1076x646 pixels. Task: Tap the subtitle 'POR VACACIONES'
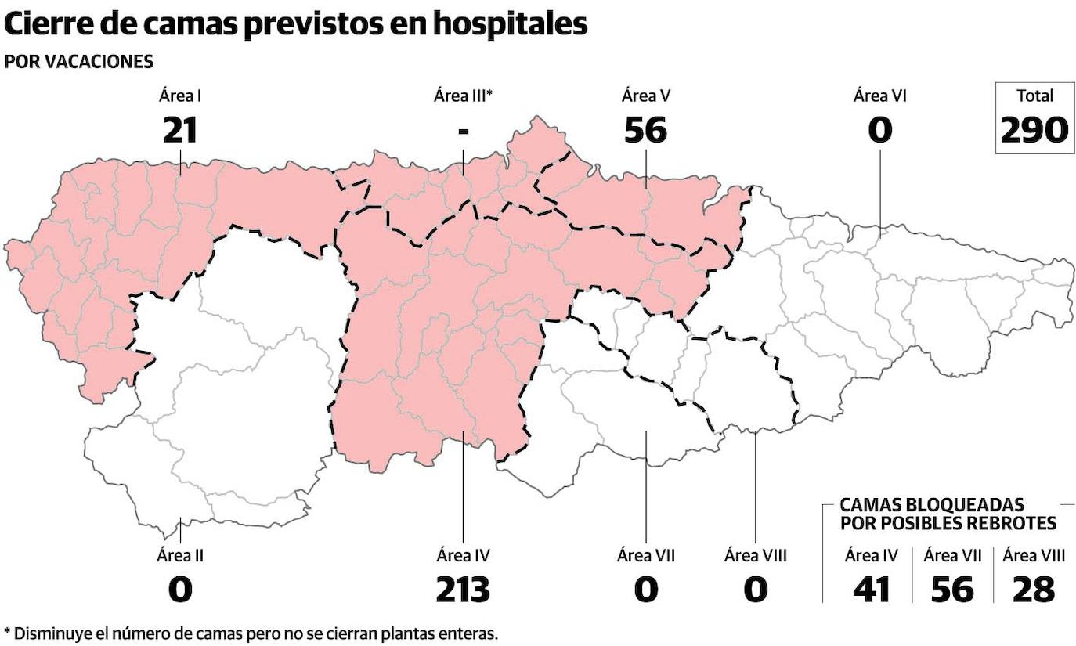coord(78,62)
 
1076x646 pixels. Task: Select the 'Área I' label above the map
coord(180,96)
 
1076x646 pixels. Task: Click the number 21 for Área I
coord(180,130)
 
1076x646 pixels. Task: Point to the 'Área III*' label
coord(463,96)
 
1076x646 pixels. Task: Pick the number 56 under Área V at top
coord(646,130)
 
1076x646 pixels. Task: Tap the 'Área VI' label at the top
coord(880,96)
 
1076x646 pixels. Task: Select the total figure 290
coord(1034,130)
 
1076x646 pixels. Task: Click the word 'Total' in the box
coord(1034,96)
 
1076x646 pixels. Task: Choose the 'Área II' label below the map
coord(180,556)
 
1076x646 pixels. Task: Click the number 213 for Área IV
coord(463,590)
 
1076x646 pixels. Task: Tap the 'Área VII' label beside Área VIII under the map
coord(646,556)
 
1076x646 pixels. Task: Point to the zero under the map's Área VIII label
coord(755,590)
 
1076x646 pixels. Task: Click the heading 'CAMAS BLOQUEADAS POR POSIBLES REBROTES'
coord(948,514)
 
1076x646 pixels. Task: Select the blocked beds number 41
coord(871,590)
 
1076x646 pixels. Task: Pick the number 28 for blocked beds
coord(1034,590)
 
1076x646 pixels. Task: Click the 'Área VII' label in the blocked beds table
coord(952,556)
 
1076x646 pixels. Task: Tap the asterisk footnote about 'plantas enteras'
coord(251,633)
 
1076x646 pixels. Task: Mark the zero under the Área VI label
coord(880,130)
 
